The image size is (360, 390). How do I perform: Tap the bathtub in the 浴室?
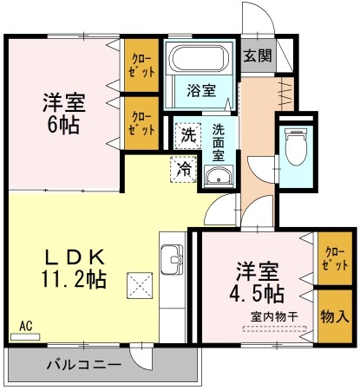(198, 61)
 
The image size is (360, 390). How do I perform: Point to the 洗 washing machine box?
(188, 135)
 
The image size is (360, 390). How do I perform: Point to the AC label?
(25, 326)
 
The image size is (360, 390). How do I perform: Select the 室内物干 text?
(274, 316)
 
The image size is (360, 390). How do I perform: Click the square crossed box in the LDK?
(140, 284)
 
